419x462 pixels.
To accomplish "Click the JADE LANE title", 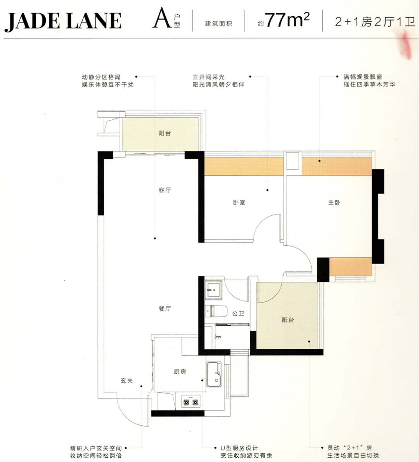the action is tap(63, 21).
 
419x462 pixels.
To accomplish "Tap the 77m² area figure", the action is tap(287, 20).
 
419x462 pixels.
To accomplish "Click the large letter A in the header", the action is tap(161, 19).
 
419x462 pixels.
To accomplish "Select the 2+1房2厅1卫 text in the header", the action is tap(375, 22).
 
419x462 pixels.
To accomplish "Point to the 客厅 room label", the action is tap(165, 190).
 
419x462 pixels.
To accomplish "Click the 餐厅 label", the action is tap(165, 309).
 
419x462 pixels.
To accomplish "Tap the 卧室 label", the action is tap(239, 202).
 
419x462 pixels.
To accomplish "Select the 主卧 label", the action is tap(334, 202).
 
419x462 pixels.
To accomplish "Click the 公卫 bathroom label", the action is tap(238, 314).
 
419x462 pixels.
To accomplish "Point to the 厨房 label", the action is tap(180, 372).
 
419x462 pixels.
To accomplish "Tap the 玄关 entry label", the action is tap(127, 381).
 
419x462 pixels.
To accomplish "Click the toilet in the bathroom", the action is tap(216, 311).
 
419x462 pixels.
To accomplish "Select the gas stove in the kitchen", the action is tap(191, 402).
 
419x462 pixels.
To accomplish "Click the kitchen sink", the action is tap(214, 374).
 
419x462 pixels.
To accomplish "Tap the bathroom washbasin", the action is tap(213, 290).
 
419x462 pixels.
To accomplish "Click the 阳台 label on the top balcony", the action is tap(165, 133).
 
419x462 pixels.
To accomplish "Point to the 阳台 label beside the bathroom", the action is tap(288, 320).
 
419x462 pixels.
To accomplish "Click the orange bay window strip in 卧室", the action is tap(244, 167).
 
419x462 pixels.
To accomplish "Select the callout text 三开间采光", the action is tap(209, 77).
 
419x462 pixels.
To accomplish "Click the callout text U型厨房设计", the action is tap(239, 448).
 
